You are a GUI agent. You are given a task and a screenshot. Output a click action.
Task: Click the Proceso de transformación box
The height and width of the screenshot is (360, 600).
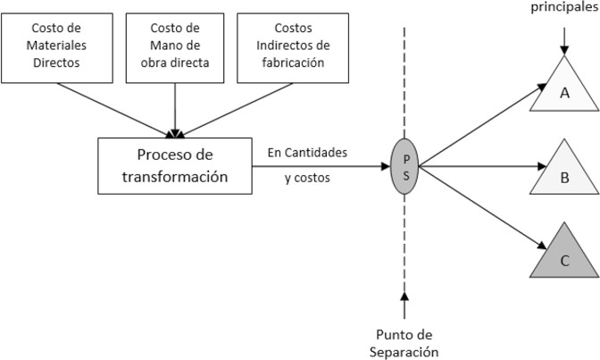175,165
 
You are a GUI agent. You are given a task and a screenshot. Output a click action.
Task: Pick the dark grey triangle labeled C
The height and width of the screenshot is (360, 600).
563,254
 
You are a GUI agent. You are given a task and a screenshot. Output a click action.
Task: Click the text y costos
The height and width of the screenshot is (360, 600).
309,178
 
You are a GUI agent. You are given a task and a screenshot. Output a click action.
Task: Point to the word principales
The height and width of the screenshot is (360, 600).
562,7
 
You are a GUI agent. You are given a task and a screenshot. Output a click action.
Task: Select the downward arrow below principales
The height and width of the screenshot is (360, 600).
562,36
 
